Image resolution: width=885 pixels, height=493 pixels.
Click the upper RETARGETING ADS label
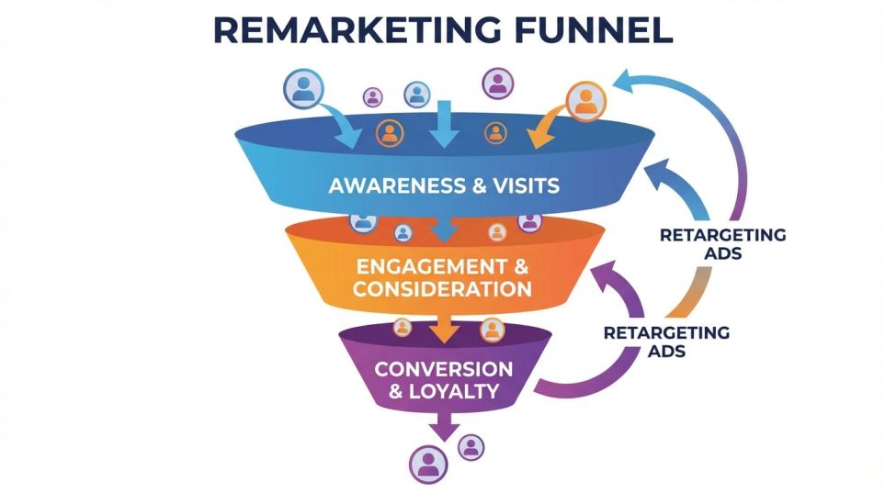click(x=722, y=244)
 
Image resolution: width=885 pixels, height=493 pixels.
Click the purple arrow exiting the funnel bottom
click(x=446, y=425)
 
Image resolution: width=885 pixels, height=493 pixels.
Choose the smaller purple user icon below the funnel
click(x=471, y=447)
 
